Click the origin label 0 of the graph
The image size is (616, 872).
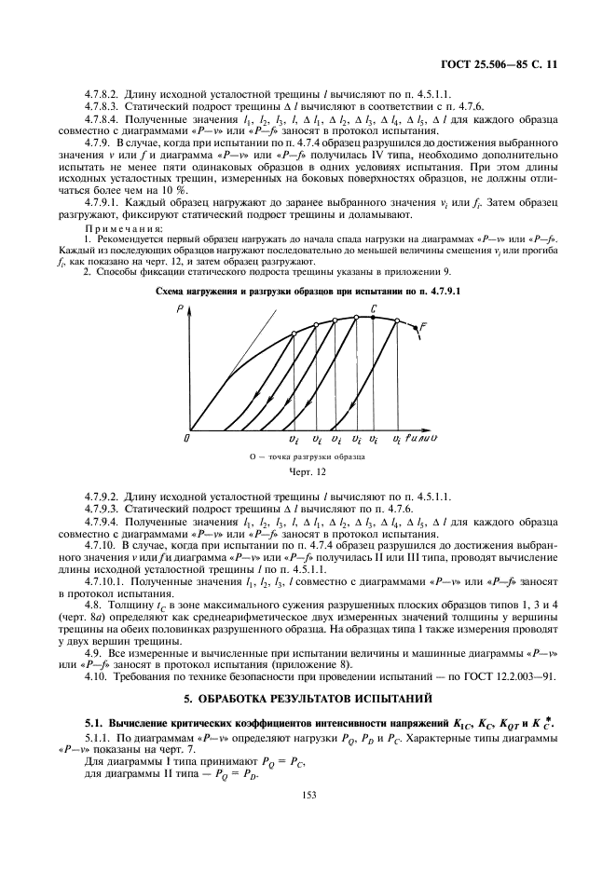[186, 435]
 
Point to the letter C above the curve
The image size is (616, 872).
[374, 307]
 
